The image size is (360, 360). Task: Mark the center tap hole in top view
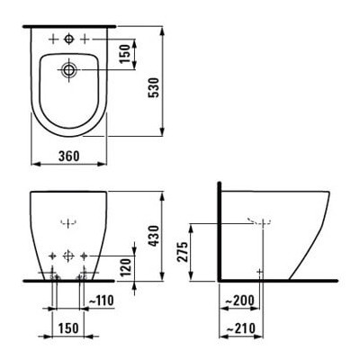69,40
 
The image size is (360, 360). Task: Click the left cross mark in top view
53,40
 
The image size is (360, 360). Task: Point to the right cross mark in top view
85,40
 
